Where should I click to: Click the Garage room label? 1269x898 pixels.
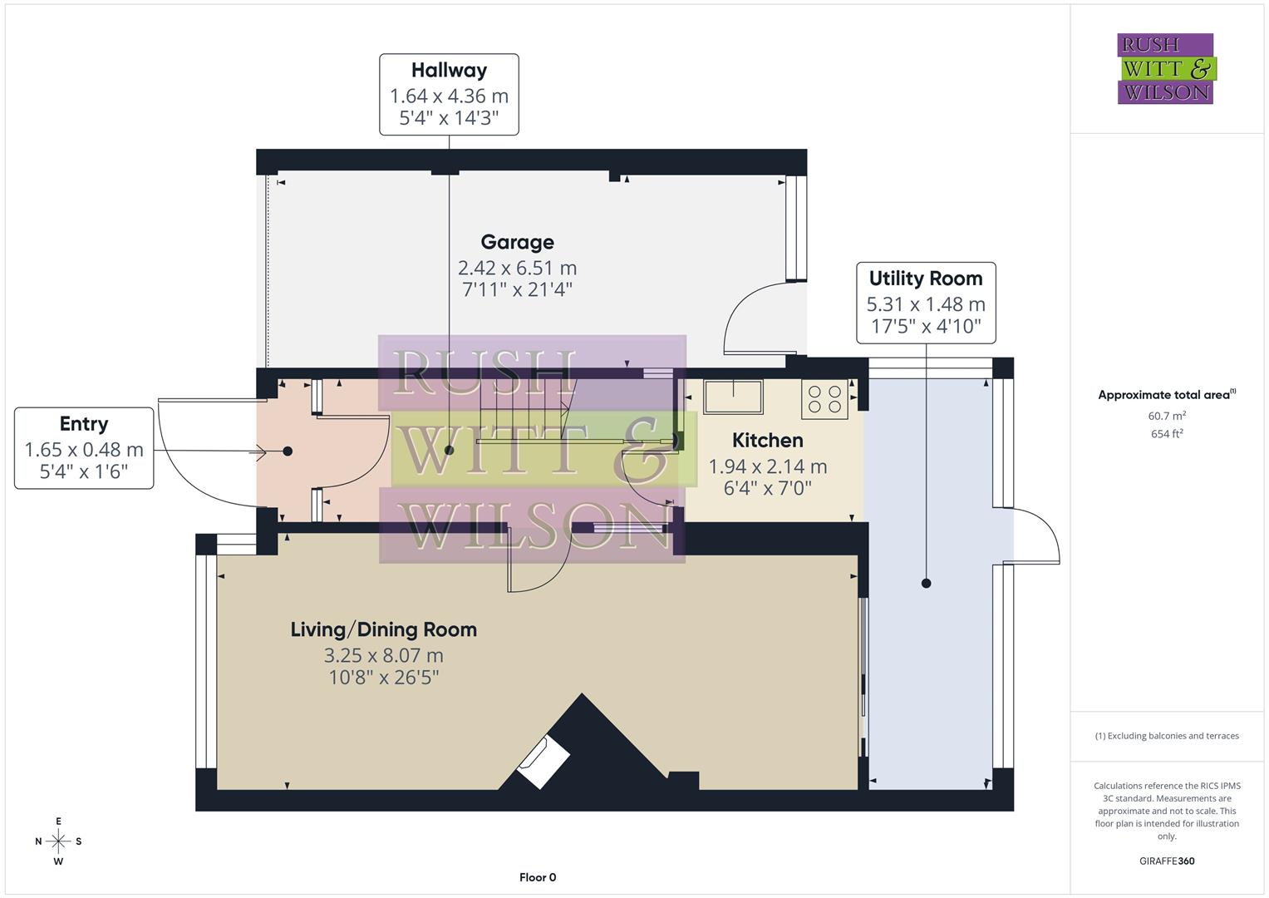click(x=517, y=242)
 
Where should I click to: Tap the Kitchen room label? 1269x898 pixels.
click(x=767, y=440)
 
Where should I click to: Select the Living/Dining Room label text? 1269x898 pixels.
click(x=383, y=629)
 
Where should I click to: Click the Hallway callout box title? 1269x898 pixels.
click(x=449, y=71)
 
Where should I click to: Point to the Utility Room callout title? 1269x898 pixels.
click(x=926, y=279)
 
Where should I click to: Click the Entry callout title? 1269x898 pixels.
click(x=84, y=424)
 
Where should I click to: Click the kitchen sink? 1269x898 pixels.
click(x=733, y=397)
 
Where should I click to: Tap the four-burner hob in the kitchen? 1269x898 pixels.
click(x=825, y=399)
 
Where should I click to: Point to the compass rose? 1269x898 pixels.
click(x=58, y=841)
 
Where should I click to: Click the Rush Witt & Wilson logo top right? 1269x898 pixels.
click(x=1165, y=68)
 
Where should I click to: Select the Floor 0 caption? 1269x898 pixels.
click(x=538, y=877)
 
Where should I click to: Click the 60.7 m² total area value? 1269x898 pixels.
click(x=1167, y=416)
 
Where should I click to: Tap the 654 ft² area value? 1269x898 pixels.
click(x=1167, y=434)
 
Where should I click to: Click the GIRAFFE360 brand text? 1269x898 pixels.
click(x=1167, y=861)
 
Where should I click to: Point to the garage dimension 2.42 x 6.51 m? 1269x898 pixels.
click(x=517, y=268)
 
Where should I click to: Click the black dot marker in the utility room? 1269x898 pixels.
click(x=927, y=584)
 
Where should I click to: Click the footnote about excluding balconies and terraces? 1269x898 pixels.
click(x=1167, y=736)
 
